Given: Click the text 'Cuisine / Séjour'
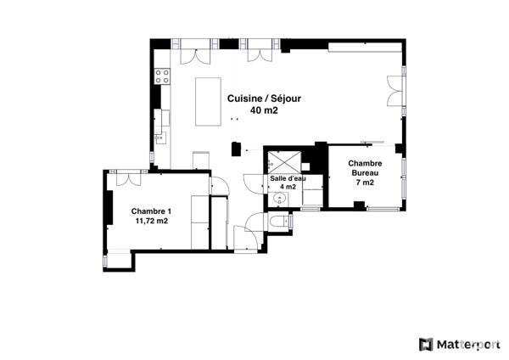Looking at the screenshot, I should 264,98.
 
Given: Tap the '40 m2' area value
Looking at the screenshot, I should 264,110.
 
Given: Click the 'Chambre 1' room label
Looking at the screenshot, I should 151,211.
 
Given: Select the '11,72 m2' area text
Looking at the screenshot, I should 151,222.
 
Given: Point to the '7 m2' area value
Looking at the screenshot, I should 365,183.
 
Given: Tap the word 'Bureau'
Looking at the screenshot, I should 365,173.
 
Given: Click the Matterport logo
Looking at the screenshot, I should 459,344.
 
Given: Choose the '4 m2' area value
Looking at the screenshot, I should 288,188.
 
